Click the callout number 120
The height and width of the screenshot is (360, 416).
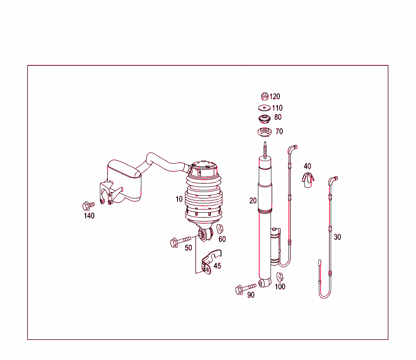coord(275,97)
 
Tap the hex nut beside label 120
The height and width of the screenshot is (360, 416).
coord(264,97)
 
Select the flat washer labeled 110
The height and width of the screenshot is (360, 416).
coord(264,108)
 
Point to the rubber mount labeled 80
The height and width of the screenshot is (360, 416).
coord(264,119)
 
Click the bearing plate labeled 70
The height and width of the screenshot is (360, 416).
coord(264,132)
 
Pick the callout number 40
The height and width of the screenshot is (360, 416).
coord(308,166)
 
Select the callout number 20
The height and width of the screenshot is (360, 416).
coord(253,200)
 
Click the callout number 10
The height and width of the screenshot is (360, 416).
coord(179,199)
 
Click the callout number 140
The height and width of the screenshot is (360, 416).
coord(89,216)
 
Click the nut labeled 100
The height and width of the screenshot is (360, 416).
coord(280,277)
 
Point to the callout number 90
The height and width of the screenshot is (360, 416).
coord(251,295)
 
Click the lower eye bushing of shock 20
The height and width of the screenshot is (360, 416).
coord(265,282)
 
